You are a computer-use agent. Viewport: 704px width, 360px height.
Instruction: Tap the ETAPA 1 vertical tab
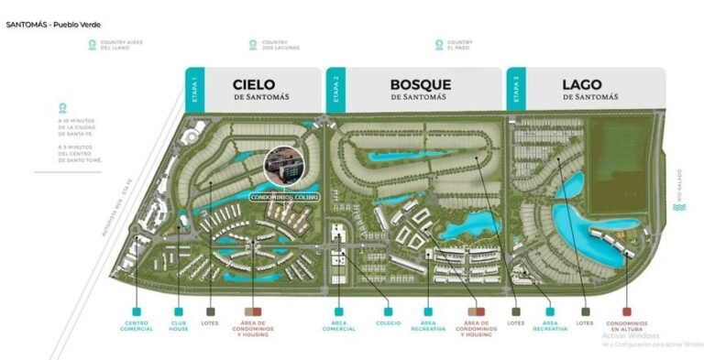pos(194,92)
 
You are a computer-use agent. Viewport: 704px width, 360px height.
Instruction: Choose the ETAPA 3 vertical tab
pos(516,92)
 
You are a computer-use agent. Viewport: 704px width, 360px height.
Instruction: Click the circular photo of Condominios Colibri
pos(282,168)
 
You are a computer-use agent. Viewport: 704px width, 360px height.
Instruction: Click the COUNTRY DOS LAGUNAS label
pos(275,45)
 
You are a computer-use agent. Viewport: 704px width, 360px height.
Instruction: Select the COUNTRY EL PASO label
pos(458,45)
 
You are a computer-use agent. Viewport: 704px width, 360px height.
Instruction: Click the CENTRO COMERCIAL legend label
pos(137,325)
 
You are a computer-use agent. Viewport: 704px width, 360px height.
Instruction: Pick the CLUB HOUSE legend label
pos(179,325)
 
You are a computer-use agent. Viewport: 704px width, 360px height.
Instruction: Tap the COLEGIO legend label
pos(389,322)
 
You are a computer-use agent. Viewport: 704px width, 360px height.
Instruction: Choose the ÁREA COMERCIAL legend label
pos(338,325)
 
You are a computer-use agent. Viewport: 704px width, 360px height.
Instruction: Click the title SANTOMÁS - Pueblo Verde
pos(53,24)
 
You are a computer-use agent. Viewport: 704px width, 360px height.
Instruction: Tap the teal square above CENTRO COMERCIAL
pos(137,311)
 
